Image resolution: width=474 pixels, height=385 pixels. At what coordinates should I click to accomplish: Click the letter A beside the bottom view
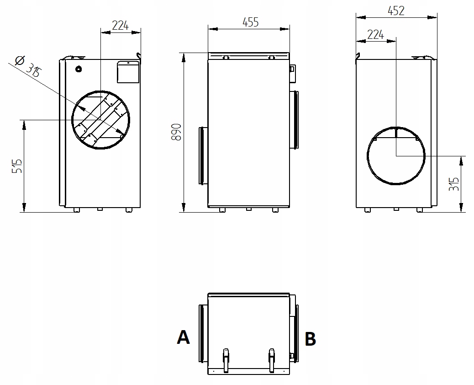(183, 337)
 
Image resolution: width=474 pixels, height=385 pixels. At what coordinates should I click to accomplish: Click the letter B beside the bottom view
(310, 339)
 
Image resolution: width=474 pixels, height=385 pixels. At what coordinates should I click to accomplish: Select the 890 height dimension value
(177, 132)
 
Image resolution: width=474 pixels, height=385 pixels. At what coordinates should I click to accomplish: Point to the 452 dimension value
(395, 11)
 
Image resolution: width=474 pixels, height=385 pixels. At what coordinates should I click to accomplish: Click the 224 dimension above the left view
(120, 26)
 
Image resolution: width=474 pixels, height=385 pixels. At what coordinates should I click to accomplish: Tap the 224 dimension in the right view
(375, 35)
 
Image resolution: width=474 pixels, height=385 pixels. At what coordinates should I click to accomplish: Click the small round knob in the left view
(79, 70)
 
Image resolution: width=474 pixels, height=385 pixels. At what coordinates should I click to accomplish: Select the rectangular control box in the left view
(128, 72)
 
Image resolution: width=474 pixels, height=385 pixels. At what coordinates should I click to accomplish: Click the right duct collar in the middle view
(295, 119)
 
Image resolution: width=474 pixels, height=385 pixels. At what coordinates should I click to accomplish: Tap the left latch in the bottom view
(226, 359)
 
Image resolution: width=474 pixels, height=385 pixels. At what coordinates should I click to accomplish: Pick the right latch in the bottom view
(272, 359)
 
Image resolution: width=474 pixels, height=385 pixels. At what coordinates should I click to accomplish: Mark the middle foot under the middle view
(248, 209)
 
